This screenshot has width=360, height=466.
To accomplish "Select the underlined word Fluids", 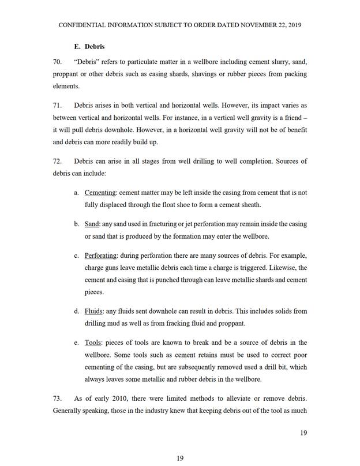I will [x=94, y=311].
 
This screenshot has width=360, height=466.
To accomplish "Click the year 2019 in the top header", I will [x=292, y=25].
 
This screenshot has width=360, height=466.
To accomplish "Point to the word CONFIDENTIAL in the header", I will [x=82, y=25].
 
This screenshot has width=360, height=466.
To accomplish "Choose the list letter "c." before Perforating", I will [x=77, y=255].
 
